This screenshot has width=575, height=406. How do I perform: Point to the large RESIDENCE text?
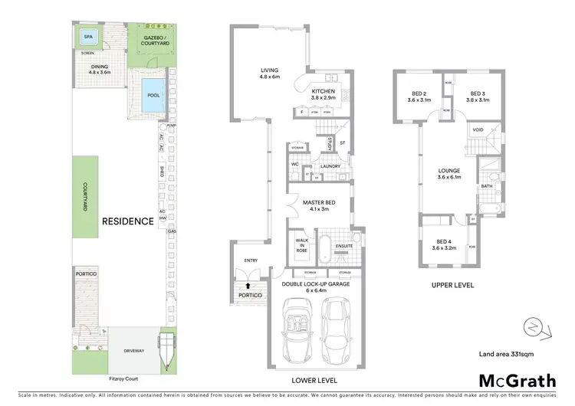tap(128, 221)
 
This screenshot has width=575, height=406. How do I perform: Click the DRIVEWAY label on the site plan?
tap(133, 351)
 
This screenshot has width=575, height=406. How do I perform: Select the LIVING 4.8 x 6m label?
tap(270, 73)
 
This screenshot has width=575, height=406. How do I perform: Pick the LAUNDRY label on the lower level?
tap(331, 166)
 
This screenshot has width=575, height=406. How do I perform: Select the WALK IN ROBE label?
tap(301, 245)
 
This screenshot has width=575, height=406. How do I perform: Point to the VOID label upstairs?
tap(478, 131)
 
